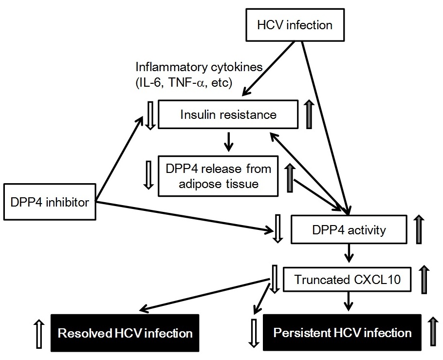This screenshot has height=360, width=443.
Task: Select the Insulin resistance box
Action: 228,115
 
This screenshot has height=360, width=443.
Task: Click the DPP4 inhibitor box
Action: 49,201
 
